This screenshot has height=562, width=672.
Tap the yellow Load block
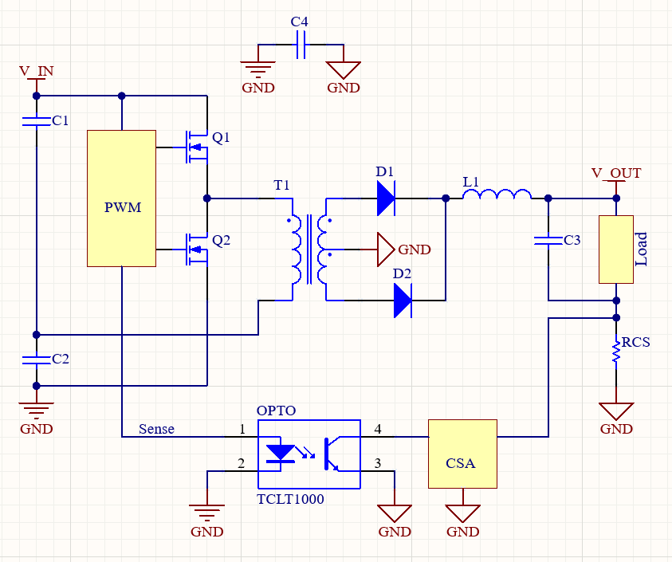click(616, 249)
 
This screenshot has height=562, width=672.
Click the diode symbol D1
click(386, 198)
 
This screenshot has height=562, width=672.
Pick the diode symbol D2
click(403, 301)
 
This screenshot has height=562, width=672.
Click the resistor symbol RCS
click(616, 352)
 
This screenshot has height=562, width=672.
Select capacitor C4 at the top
click(301, 48)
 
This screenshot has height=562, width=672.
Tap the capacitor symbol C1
click(36, 121)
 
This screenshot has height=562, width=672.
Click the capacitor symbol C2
click(36, 360)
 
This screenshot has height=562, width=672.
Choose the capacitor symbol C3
click(548, 240)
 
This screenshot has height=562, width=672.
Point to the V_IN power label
click(36, 71)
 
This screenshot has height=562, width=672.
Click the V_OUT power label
click(615, 173)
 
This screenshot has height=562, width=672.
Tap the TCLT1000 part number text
click(290, 499)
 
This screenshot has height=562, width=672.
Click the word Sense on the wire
click(156, 429)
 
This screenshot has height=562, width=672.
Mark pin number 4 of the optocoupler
click(378, 429)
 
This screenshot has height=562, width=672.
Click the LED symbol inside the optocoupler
click(281, 453)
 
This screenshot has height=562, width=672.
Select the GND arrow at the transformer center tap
click(386, 249)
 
